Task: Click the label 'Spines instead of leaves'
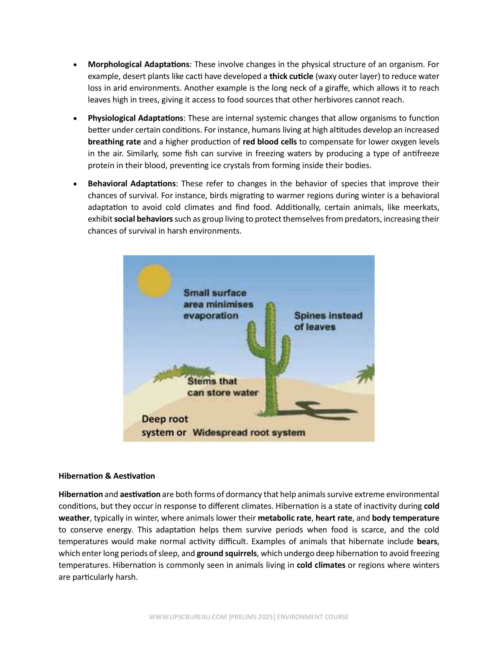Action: pos(328,321)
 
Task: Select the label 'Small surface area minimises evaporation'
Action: pos(218,304)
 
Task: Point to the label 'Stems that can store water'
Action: pos(223,387)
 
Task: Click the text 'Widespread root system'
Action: pos(248,433)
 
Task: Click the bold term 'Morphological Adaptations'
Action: pos(138,64)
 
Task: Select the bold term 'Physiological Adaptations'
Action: pos(135,118)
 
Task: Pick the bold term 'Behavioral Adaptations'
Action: pos(132,184)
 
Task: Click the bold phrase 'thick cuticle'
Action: pos(291,76)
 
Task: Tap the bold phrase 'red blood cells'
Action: pos(269,142)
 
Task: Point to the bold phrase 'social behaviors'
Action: pos(144,219)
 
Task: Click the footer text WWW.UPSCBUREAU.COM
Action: pos(188,617)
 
